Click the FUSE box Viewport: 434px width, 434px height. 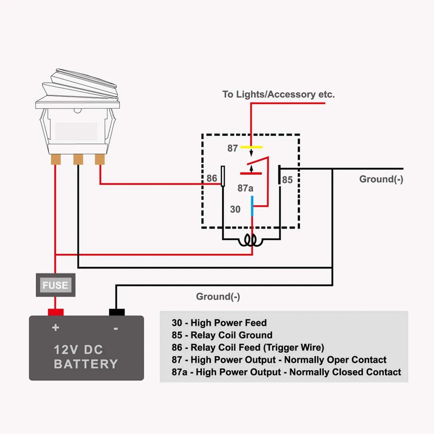click(x=55, y=285)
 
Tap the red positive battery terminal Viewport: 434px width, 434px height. click(x=56, y=312)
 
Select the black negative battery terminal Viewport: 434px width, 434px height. click(x=117, y=312)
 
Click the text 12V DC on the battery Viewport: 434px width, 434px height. click(x=78, y=349)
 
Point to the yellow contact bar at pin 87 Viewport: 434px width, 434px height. click(x=251, y=147)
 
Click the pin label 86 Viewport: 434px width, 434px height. click(x=212, y=178)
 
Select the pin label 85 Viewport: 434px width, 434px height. click(x=287, y=179)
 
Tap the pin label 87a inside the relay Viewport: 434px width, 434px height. click(x=245, y=188)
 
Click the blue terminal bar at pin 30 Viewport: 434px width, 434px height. click(x=252, y=206)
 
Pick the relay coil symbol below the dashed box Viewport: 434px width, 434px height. click(x=251, y=240)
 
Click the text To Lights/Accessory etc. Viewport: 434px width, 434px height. click(x=278, y=94)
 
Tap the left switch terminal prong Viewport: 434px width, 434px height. click(x=56, y=159)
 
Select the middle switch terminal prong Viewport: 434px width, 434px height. click(x=78, y=159)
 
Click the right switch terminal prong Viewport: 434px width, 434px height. click(x=100, y=159)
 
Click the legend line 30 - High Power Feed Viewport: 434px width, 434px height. click(x=219, y=323)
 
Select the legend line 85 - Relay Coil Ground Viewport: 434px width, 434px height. click(x=222, y=335)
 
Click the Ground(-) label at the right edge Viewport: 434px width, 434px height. click(x=381, y=179)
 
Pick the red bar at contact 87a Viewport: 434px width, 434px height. click(x=251, y=173)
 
